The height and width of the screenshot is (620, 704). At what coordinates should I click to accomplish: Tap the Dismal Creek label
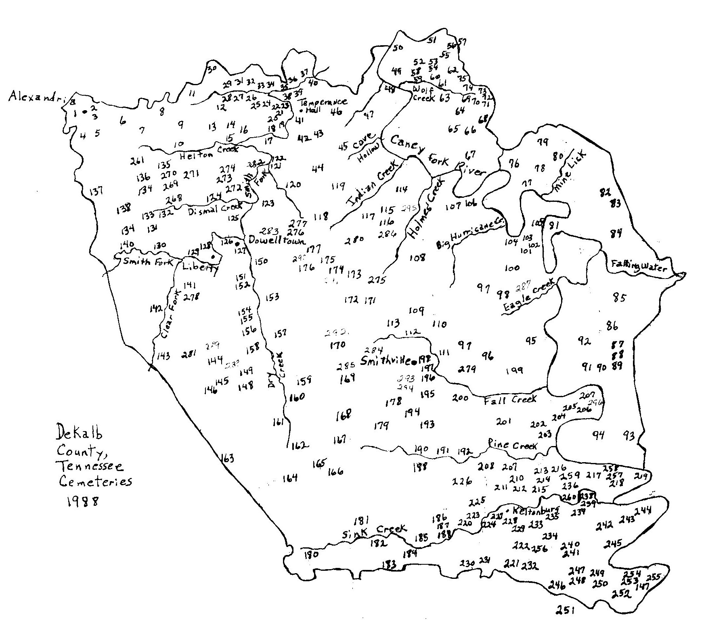[x=215, y=209]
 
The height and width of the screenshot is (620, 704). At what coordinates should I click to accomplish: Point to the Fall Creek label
[x=510, y=399]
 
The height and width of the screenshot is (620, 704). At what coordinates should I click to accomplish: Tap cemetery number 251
[x=564, y=610]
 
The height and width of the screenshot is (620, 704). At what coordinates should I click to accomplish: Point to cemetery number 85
[x=618, y=298]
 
